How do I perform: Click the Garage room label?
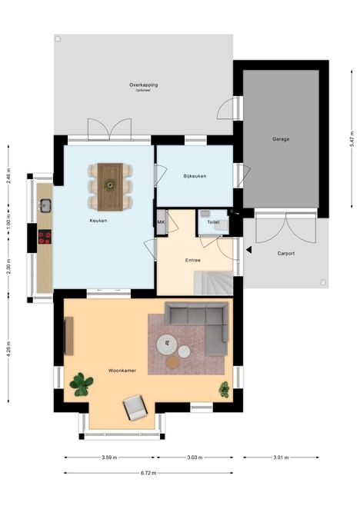click(x=281, y=139)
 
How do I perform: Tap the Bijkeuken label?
click(x=195, y=176)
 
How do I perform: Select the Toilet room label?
click(x=213, y=222)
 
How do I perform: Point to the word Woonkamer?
click(x=122, y=371)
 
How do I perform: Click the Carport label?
click(x=286, y=253)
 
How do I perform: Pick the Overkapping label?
click(x=144, y=85)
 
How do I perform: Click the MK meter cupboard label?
click(x=161, y=222)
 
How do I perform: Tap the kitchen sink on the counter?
click(x=45, y=205)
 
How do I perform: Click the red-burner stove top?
click(x=45, y=237)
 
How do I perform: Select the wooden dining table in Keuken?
click(x=110, y=187)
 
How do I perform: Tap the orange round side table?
click(x=172, y=362)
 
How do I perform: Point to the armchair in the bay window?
click(x=135, y=407)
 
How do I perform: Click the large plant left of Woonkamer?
click(x=82, y=384)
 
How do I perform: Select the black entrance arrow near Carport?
click(x=249, y=250)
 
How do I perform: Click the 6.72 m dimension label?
click(x=148, y=473)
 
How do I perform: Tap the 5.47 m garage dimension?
click(x=352, y=139)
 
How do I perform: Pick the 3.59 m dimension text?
click(x=109, y=457)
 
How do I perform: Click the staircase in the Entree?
click(x=214, y=284)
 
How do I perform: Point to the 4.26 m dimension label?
click(x=8, y=349)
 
